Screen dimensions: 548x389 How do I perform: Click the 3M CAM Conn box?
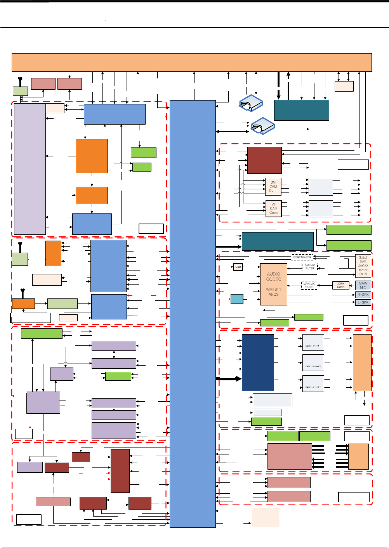[x=273, y=186]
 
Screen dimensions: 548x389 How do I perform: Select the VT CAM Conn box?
[x=273, y=208]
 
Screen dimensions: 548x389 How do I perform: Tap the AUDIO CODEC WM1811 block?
[x=274, y=284]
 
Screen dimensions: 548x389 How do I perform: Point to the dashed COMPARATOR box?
[x=302, y=257]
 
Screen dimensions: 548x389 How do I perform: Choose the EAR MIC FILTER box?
[x=309, y=267]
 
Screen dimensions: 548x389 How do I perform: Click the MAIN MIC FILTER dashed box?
[x=309, y=285]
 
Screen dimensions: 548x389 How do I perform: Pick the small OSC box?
[x=238, y=267]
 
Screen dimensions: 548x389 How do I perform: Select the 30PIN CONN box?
[x=341, y=285]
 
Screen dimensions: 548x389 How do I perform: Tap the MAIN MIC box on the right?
[x=363, y=285]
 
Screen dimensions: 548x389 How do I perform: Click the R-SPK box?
[x=363, y=295]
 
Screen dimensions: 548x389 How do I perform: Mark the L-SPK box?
[x=363, y=302]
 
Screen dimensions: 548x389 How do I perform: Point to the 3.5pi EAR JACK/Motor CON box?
[x=363, y=266]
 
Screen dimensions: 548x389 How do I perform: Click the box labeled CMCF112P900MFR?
[x=313, y=363]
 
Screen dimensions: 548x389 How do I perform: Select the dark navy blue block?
[x=258, y=362]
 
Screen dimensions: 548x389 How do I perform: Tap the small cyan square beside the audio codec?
[x=237, y=299]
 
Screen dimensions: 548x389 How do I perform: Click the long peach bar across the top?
[x=192, y=62]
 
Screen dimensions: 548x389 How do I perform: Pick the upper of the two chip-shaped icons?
[x=251, y=103]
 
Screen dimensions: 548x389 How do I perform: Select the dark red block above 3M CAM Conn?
[x=264, y=160]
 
